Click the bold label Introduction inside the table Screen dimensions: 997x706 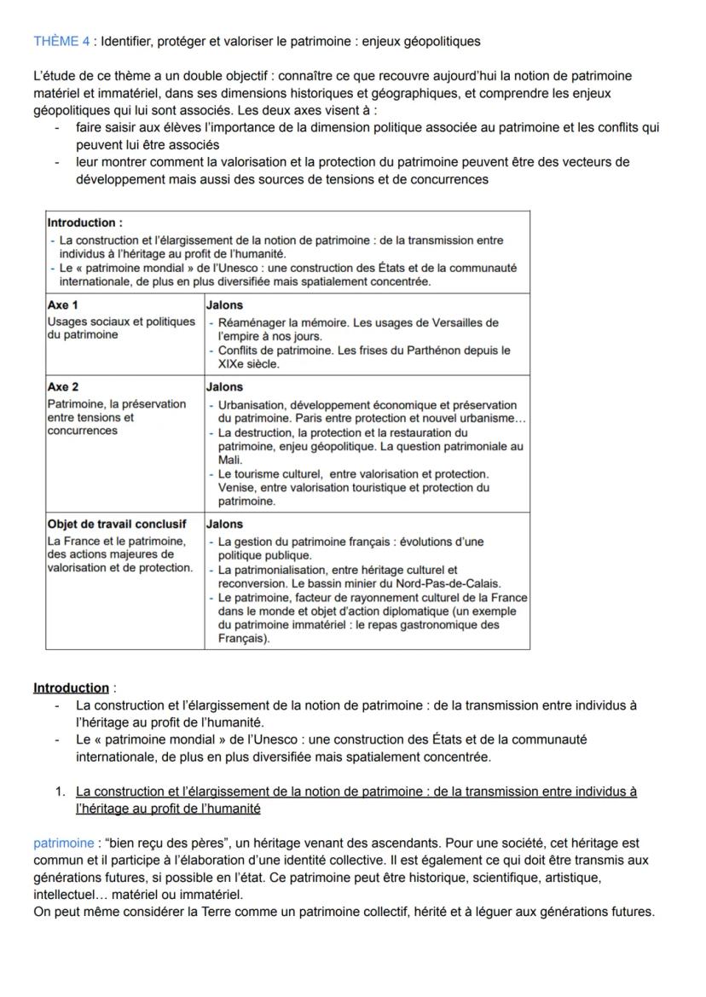pyautogui.click(x=84, y=223)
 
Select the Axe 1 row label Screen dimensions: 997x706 pyautogui.click(x=63, y=304)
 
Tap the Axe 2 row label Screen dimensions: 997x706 pyautogui.click(x=63, y=386)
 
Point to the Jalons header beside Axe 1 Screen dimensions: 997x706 pyautogui.click(x=225, y=304)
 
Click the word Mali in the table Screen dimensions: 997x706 pyautogui.click(x=229, y=460)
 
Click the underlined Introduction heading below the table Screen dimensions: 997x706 pyautogui.click(x=71, y=687)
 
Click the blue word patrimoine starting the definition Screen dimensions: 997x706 pyautogui.click(x=63, y=843)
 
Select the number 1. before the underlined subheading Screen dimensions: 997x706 pyautogui.click(x=61, y=791)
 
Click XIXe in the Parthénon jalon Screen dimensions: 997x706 pyautogui.click(x=231, y=363)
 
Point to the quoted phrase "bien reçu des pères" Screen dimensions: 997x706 pyautogui.click(x=159, y=843)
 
